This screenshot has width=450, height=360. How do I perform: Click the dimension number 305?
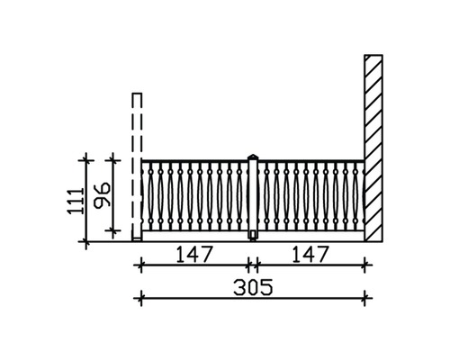[x=253, y=287]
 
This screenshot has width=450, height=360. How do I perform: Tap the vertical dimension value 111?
[x=76, y=201]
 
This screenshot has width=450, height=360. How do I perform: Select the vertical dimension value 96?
[x=102, y=195]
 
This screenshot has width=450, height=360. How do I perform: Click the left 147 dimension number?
[x=193, y=254]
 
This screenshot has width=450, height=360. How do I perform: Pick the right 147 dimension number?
[x=310, y=254]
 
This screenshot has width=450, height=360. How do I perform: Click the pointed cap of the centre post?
[x=253, y=157]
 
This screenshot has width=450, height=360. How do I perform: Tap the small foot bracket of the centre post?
[x=253, y=236]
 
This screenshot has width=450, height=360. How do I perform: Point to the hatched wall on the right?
[x=373, y=148]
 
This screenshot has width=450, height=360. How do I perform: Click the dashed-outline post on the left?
[x=137, y=166]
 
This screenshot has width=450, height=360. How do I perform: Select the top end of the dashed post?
[x=137, y=94]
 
